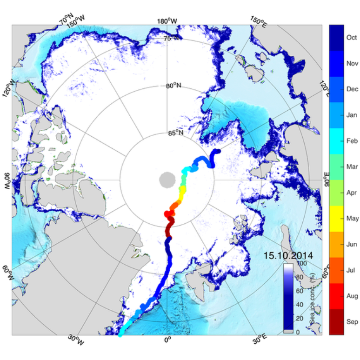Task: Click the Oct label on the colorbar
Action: pyautogui.click(x=351, y=37)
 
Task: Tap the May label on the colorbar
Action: pyautogui.click(x=351, y=218)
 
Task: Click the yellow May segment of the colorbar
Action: pyautogui.click(x=336, y=218)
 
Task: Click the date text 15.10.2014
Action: pyautogui.click(x=288, y=255)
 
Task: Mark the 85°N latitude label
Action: pyautogui.click(x=175, y=133)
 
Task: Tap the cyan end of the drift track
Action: pyautogui.click(x=120, y=333)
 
